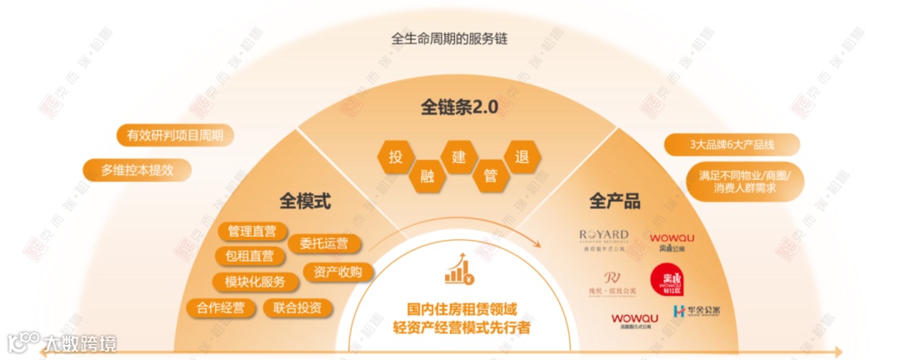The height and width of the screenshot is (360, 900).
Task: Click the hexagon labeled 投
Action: click(x=395, y=156)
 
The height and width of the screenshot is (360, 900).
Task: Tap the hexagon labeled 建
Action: click(x=457, y=156)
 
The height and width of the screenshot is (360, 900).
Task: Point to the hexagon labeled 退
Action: click(x=522, y=156)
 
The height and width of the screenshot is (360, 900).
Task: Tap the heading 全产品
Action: click(x=615, y=201)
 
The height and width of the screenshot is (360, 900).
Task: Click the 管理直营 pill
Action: click(x=252, y=231)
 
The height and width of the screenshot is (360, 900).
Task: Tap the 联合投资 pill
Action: click(x=297, y=307)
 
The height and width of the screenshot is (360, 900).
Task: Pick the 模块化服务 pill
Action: click(x=249, y=281)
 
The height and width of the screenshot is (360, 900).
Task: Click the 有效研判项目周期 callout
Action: click(x=175, y=135)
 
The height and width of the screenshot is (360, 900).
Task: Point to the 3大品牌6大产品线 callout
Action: click(x=732, y=144)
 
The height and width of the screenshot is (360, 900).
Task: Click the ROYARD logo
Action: click(x=603, y=238)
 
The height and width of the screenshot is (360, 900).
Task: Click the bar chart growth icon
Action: click(x=455, y=269)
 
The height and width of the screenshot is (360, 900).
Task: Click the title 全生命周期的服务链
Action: click(x=449, y=39)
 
